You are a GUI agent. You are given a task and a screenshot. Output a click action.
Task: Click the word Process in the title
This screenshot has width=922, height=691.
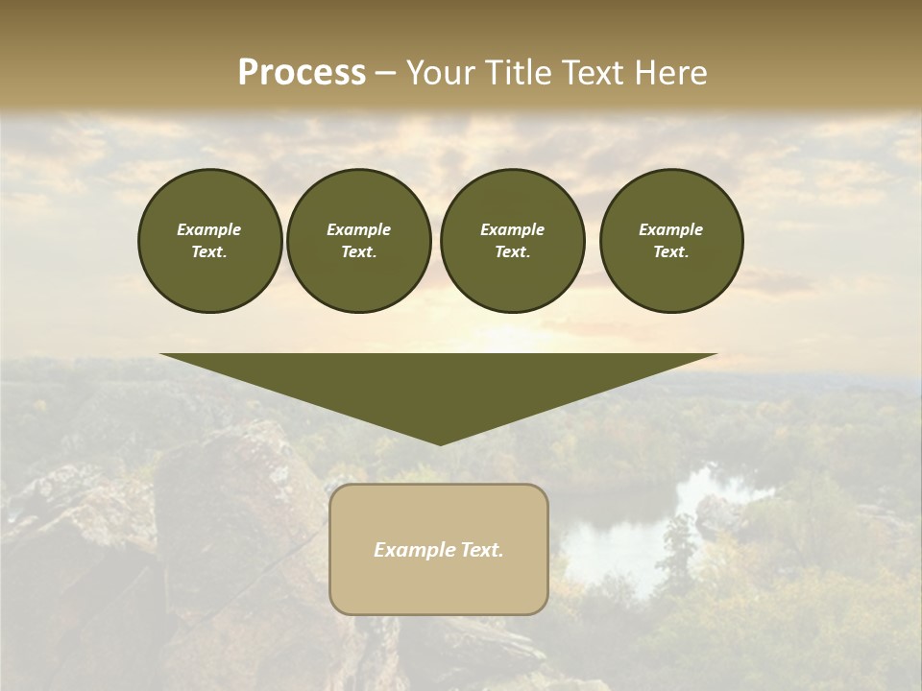click(x=302, y=73)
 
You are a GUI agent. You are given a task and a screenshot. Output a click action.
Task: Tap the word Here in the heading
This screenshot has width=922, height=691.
click(x=672, y=73)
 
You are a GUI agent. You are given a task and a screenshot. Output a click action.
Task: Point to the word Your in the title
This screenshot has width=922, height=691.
click(x=439, y=73)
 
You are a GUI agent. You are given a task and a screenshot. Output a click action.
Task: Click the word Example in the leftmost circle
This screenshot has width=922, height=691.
click(x=209, y=229)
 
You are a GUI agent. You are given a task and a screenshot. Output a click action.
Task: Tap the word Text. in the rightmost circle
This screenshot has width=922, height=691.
click(x=670, y=251)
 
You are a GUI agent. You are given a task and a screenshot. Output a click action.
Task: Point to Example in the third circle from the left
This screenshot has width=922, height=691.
click(x=512, y=229)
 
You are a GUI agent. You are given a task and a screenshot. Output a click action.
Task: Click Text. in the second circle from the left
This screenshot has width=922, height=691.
click(x=358, y=251)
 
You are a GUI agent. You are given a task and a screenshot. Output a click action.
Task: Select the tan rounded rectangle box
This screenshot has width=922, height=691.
click(x=438, y=585)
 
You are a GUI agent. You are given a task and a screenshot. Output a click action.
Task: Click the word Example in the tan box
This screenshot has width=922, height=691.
click(x=412, y=550)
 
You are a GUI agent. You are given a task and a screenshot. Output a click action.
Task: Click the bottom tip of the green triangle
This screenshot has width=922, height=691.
click(x=440, y=443)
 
